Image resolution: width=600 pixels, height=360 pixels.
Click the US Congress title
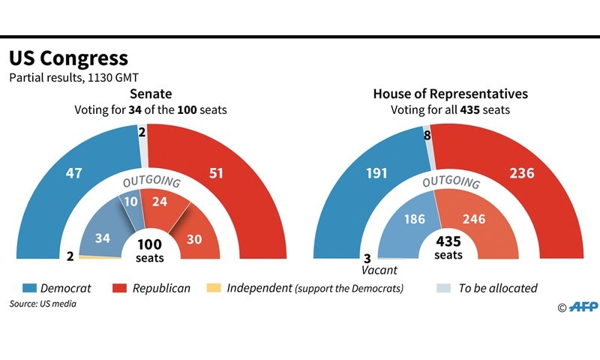click(68, 58)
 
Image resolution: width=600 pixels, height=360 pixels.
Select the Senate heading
click(151, 94)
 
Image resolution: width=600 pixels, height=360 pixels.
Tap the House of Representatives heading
click(450, 94)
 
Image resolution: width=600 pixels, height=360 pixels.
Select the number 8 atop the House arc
click(426, 136)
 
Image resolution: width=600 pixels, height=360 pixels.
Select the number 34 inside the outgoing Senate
click(103, 237)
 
